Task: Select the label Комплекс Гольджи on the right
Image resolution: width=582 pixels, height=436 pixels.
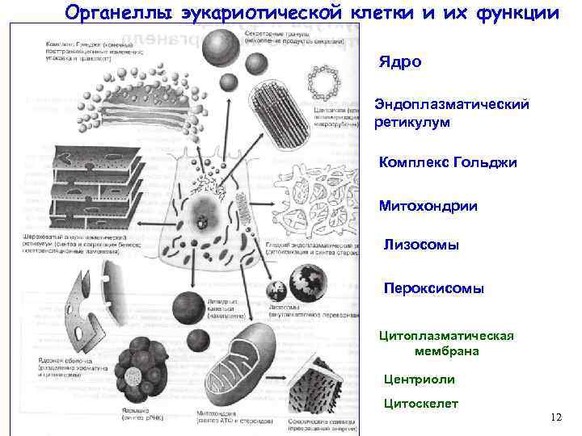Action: (448, 162)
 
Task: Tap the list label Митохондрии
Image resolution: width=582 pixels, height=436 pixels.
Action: (428, 206)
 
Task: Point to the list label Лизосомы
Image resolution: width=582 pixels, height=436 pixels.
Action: (421, 245)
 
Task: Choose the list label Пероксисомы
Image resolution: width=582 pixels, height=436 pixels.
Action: (433, 287)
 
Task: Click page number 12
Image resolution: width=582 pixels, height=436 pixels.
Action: (555, 417)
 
